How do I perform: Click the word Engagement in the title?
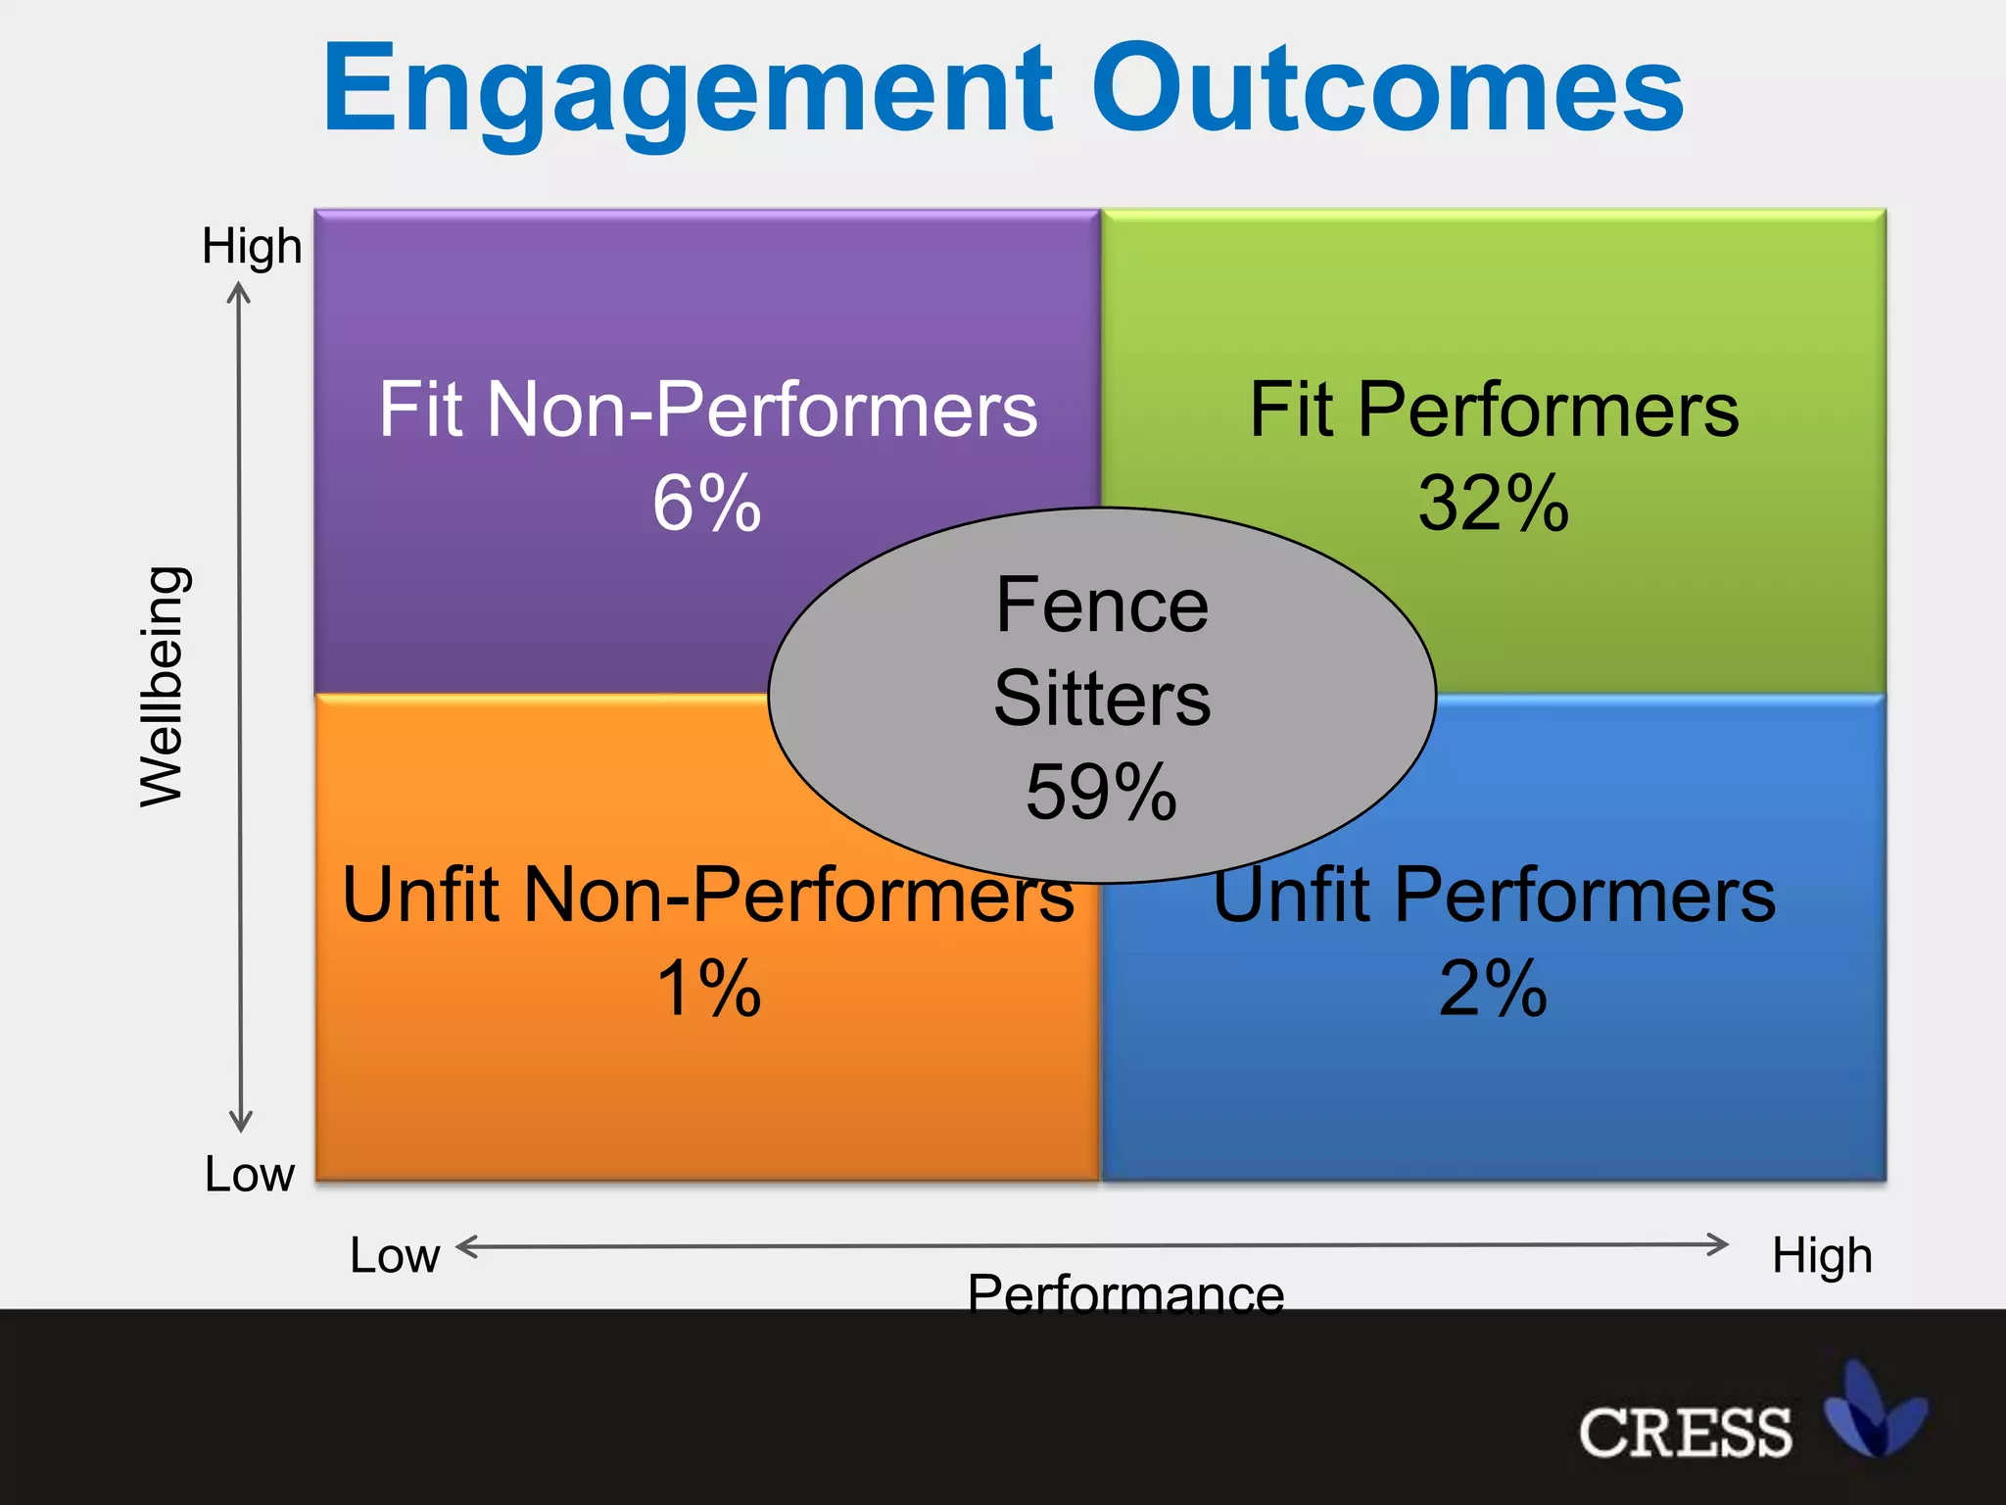[686, 90]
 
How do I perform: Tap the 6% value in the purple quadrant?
[706, 504]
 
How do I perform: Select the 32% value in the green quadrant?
[1494, 504]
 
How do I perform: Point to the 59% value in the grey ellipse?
[1101, 792]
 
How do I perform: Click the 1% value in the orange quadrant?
[708, 988]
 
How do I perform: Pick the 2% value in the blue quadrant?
[1493, 988]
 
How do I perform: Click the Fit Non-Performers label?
[707, 410]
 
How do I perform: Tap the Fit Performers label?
[1494, 410]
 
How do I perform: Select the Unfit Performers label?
[1494, 895]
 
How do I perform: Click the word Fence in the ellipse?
[1102, 606]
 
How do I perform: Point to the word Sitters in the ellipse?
[1102, 699]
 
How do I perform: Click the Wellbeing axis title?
[162, 686]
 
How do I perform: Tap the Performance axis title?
[1125, 1291]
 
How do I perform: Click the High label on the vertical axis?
[252, 246]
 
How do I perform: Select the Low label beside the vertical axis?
[249, 1174]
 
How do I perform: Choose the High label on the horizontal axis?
[1822, 1255]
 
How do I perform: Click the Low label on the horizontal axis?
[395, 1255]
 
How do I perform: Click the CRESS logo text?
[1685, 1432]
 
